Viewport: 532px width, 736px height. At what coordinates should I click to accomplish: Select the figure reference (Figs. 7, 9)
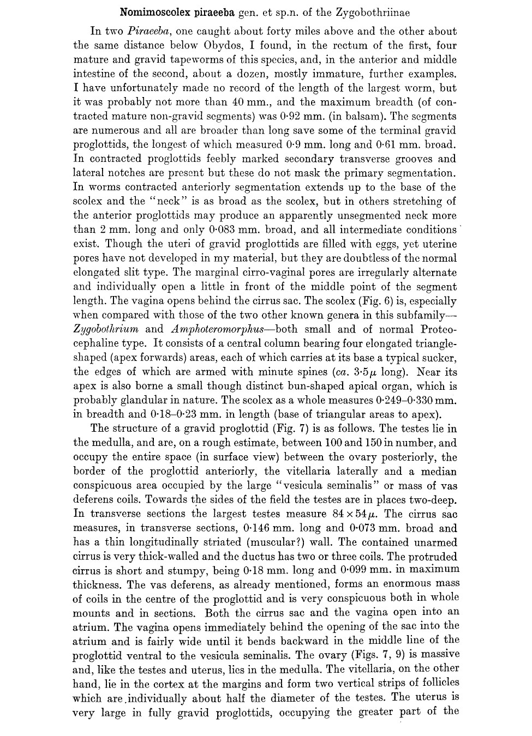pyautogui.click(x=358, y=655)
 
